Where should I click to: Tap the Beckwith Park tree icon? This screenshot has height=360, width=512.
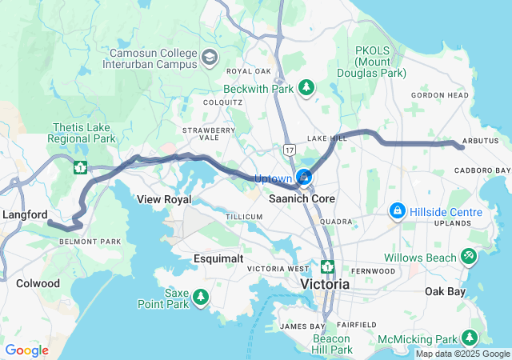coord(306,87)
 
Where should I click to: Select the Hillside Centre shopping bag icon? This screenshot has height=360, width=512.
coord(396,211)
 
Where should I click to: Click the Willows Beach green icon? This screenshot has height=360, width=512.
coord(469,257)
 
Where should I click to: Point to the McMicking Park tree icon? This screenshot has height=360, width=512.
coord(470,338)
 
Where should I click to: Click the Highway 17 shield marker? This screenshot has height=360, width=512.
coord(289,150)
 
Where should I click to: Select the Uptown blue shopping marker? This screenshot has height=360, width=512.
coord(304,177)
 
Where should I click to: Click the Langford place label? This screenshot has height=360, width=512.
coord(26,214)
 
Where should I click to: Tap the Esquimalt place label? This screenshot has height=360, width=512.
coord(218,258)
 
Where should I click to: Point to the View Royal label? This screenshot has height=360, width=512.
coord(163,198)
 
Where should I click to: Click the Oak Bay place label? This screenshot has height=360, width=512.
coord(445,291)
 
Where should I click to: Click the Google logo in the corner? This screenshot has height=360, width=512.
coord(27,350)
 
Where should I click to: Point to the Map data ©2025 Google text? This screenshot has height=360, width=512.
coord(461,354)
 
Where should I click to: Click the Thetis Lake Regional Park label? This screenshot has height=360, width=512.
coord(83,133)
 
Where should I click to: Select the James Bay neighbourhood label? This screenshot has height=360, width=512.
coord(302,326)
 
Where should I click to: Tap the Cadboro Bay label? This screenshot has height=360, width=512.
coord(482,170)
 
